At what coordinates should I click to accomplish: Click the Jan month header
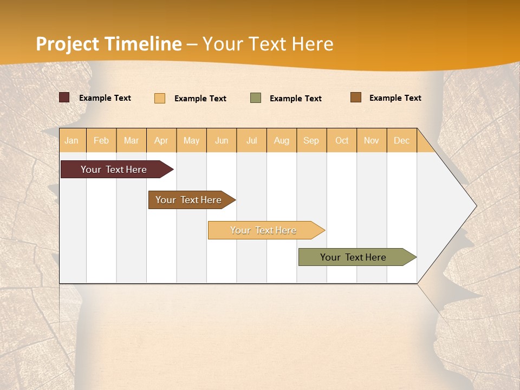(71, 140)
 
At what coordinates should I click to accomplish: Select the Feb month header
(101, 140)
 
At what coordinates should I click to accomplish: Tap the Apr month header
(161, 140)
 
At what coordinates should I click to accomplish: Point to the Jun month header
(222, 140)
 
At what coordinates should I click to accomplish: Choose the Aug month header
(281, 140)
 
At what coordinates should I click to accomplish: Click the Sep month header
(311, 140)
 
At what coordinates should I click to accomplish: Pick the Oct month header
(342, 140)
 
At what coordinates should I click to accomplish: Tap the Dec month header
(401, 140)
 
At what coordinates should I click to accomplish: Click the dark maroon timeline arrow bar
(114, 170)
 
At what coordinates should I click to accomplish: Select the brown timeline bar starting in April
(188, 200)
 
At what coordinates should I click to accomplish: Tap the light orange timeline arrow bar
(263, 230)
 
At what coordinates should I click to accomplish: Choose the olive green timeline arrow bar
(353, 257)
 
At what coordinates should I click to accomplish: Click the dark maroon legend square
(64, 97)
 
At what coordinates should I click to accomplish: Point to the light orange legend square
(160, 98)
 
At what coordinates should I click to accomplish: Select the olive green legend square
(256, 98)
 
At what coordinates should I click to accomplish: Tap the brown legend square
(356, 97)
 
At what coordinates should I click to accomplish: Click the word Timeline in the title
(143, 44)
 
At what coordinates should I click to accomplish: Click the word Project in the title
(68, 44)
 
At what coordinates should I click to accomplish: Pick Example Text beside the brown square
(395, 98)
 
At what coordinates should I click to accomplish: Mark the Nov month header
(372, 140)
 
